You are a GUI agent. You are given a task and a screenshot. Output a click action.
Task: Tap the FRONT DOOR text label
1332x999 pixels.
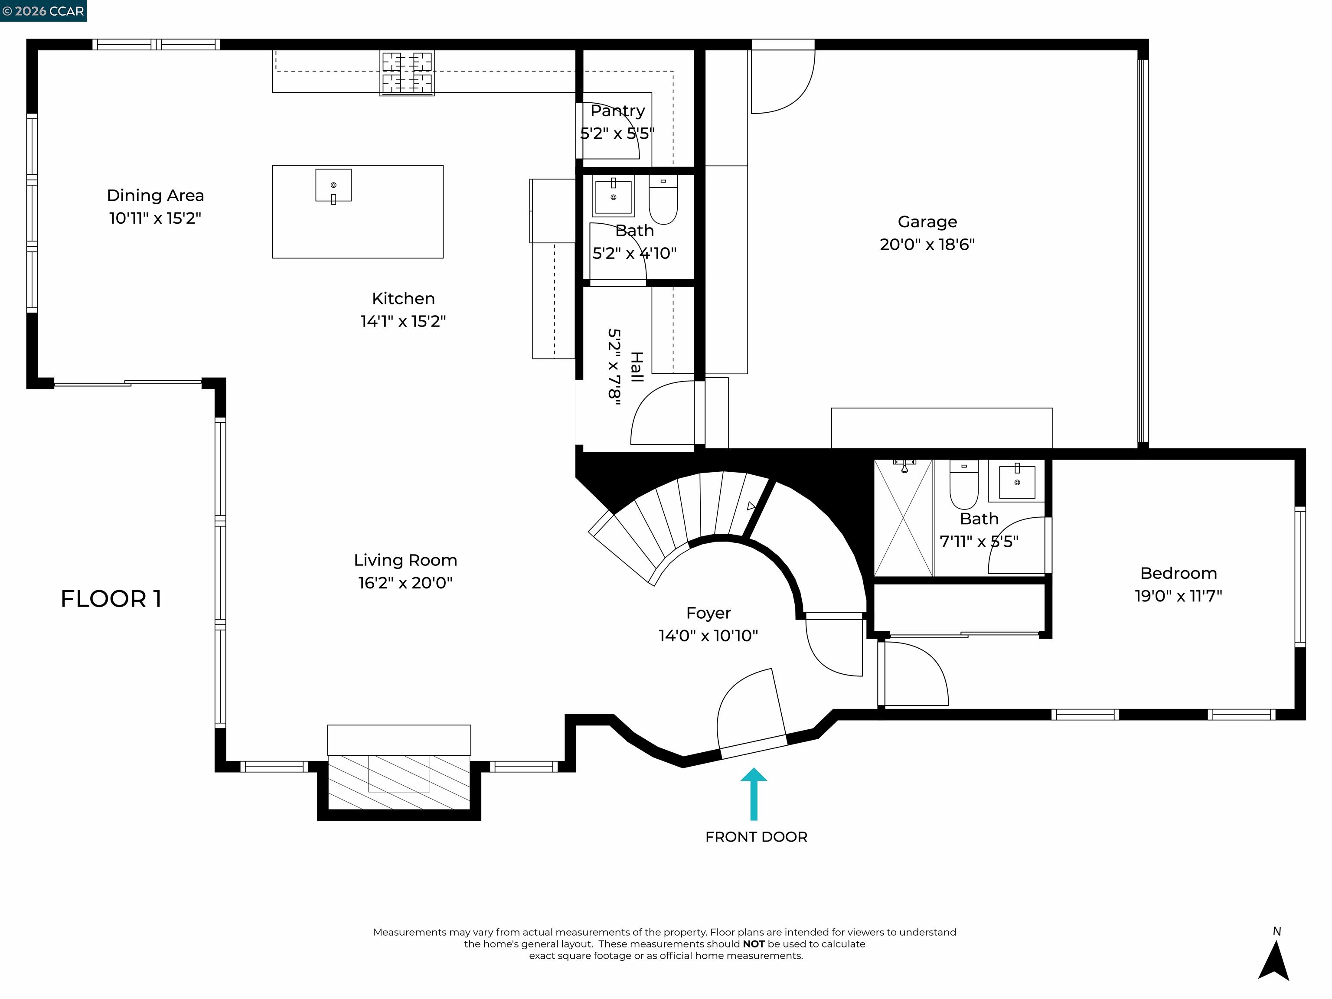pyautogui.click(x=756, y=836)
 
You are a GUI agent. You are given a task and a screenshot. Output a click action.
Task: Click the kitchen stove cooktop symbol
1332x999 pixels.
pyautogui.click(x=407, y=73)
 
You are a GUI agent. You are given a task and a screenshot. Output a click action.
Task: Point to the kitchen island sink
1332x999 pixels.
pyautogui.click(x=333, y=186)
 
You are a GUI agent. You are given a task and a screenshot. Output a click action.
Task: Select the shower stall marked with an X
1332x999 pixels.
pyautogui.click(x=903, y=518)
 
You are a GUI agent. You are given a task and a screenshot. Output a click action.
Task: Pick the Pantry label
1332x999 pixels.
pyautogui.click(x=617, y=111)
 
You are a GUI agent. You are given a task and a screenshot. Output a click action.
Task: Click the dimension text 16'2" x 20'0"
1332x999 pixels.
pyautogui.click(x=405, y=583)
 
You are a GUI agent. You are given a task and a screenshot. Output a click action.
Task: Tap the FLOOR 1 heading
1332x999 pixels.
pyautogui.click(x=111, y=598)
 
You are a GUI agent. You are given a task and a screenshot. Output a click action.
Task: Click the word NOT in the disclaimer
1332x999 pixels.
pyautogui.click(x=753, y=943)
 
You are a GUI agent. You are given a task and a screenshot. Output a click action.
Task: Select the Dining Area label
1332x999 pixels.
pyautogui.click(x=155, y=195)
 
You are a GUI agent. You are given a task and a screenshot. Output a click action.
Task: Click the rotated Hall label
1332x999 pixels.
pyautogui.click(x=637, y=367)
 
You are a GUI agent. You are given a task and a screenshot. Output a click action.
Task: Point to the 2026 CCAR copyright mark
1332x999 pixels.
pyautogui.click(x=43, y=11)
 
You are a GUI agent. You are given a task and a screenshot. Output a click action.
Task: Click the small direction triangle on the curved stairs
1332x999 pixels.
pyautogui.click(x=751, y=506)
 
